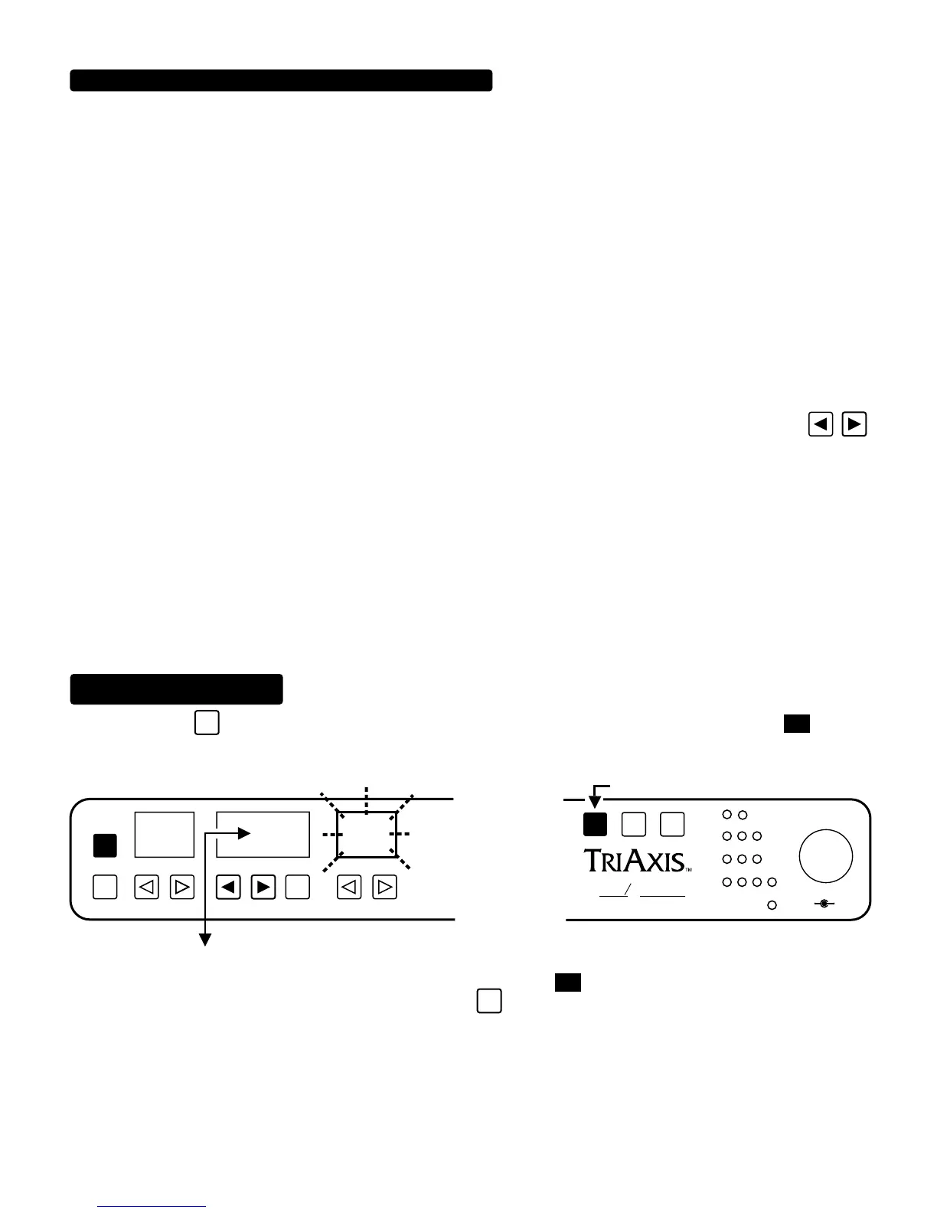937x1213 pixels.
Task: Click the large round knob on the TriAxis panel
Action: pos(825,855)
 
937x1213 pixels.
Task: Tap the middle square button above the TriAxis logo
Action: pos(634,824)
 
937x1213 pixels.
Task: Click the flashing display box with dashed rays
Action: pos(367,834)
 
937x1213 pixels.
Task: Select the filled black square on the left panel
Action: pos(105,845)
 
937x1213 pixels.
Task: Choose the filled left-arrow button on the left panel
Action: pos(229,888)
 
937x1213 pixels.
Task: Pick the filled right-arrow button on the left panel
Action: pos(263,888)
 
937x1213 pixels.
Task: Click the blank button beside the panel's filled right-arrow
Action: pos(297,888)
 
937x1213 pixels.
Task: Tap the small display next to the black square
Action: pos(165,834)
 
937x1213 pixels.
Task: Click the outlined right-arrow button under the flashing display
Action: pos(384,888)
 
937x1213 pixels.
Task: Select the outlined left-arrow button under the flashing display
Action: pos(349,888)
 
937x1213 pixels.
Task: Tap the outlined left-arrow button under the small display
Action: pos(146,888)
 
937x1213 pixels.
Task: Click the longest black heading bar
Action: pos(281,80)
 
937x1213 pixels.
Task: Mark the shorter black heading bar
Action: pos(177,688)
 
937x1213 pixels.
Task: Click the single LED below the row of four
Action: pos(772,905)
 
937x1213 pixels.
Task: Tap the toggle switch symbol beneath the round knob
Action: pos(824,904)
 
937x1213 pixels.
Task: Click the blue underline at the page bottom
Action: pos(152,1207)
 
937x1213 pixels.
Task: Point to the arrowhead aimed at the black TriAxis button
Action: pos(595,802)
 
